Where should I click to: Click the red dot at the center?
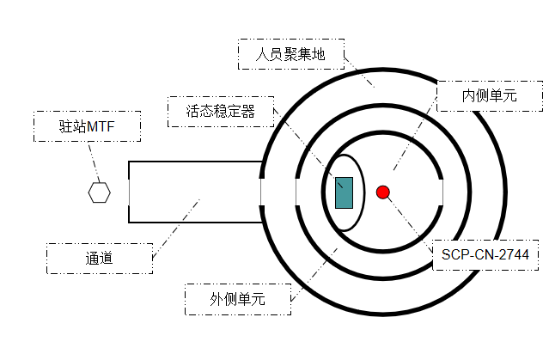click(383, 192)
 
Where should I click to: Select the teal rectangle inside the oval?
click(344, 192)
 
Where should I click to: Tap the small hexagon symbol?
click(100, 192)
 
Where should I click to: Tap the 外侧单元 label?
click(237, 299)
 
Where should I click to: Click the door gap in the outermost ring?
click(262, 192)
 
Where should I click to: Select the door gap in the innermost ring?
click(442, 192)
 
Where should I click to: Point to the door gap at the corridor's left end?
click(129, 192)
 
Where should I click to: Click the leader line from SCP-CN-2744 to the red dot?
click(411, 218)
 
